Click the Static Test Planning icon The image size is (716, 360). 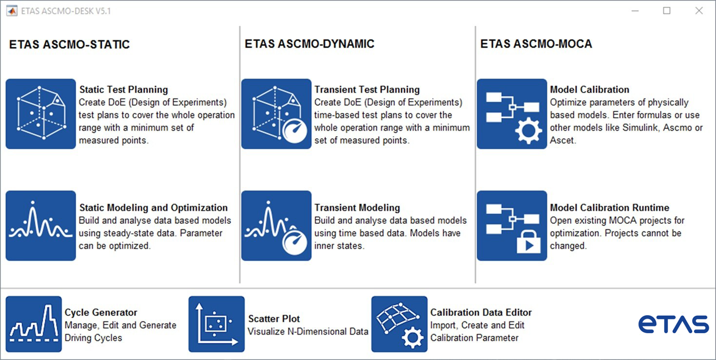(41, 114)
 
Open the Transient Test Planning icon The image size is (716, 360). (276, 114)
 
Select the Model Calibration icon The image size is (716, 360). (512, 114)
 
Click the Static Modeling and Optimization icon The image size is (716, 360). (41, 226)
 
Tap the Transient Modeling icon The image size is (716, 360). (276, 226)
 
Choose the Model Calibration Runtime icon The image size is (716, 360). (512, 226)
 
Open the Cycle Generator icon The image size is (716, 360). (34, 324)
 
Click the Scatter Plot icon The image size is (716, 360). (216, 324)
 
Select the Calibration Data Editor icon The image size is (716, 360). (399, 324)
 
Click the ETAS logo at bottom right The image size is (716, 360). (673, 324)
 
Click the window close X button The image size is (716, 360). (699, 11)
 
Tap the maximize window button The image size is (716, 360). (667, 11)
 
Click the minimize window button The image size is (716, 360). (635, 11)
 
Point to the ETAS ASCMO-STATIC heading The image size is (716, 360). (70, 44)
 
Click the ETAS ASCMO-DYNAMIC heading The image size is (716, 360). (309, 44)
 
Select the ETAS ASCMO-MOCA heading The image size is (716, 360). (536, 44)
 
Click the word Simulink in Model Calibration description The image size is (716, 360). (641, 128)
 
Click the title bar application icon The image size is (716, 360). (12, 11)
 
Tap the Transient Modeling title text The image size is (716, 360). (357, 208)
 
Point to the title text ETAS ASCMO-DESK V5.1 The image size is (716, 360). (66, 11)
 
